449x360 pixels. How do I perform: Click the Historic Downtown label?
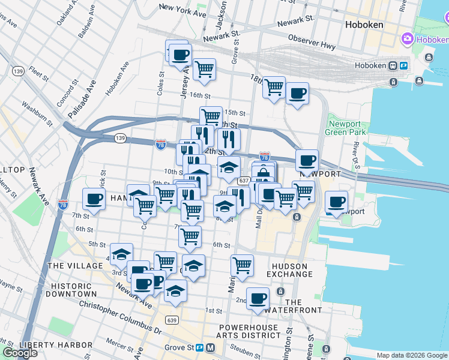[74, 290]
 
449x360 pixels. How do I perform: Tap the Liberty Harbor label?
[56, 345]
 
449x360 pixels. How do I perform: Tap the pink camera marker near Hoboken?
[408, 39]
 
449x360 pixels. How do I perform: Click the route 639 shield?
[173, 319]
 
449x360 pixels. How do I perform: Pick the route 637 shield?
[243, 180]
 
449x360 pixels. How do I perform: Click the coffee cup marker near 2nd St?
[259, 299]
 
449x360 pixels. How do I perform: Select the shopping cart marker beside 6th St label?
[190, 237]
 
